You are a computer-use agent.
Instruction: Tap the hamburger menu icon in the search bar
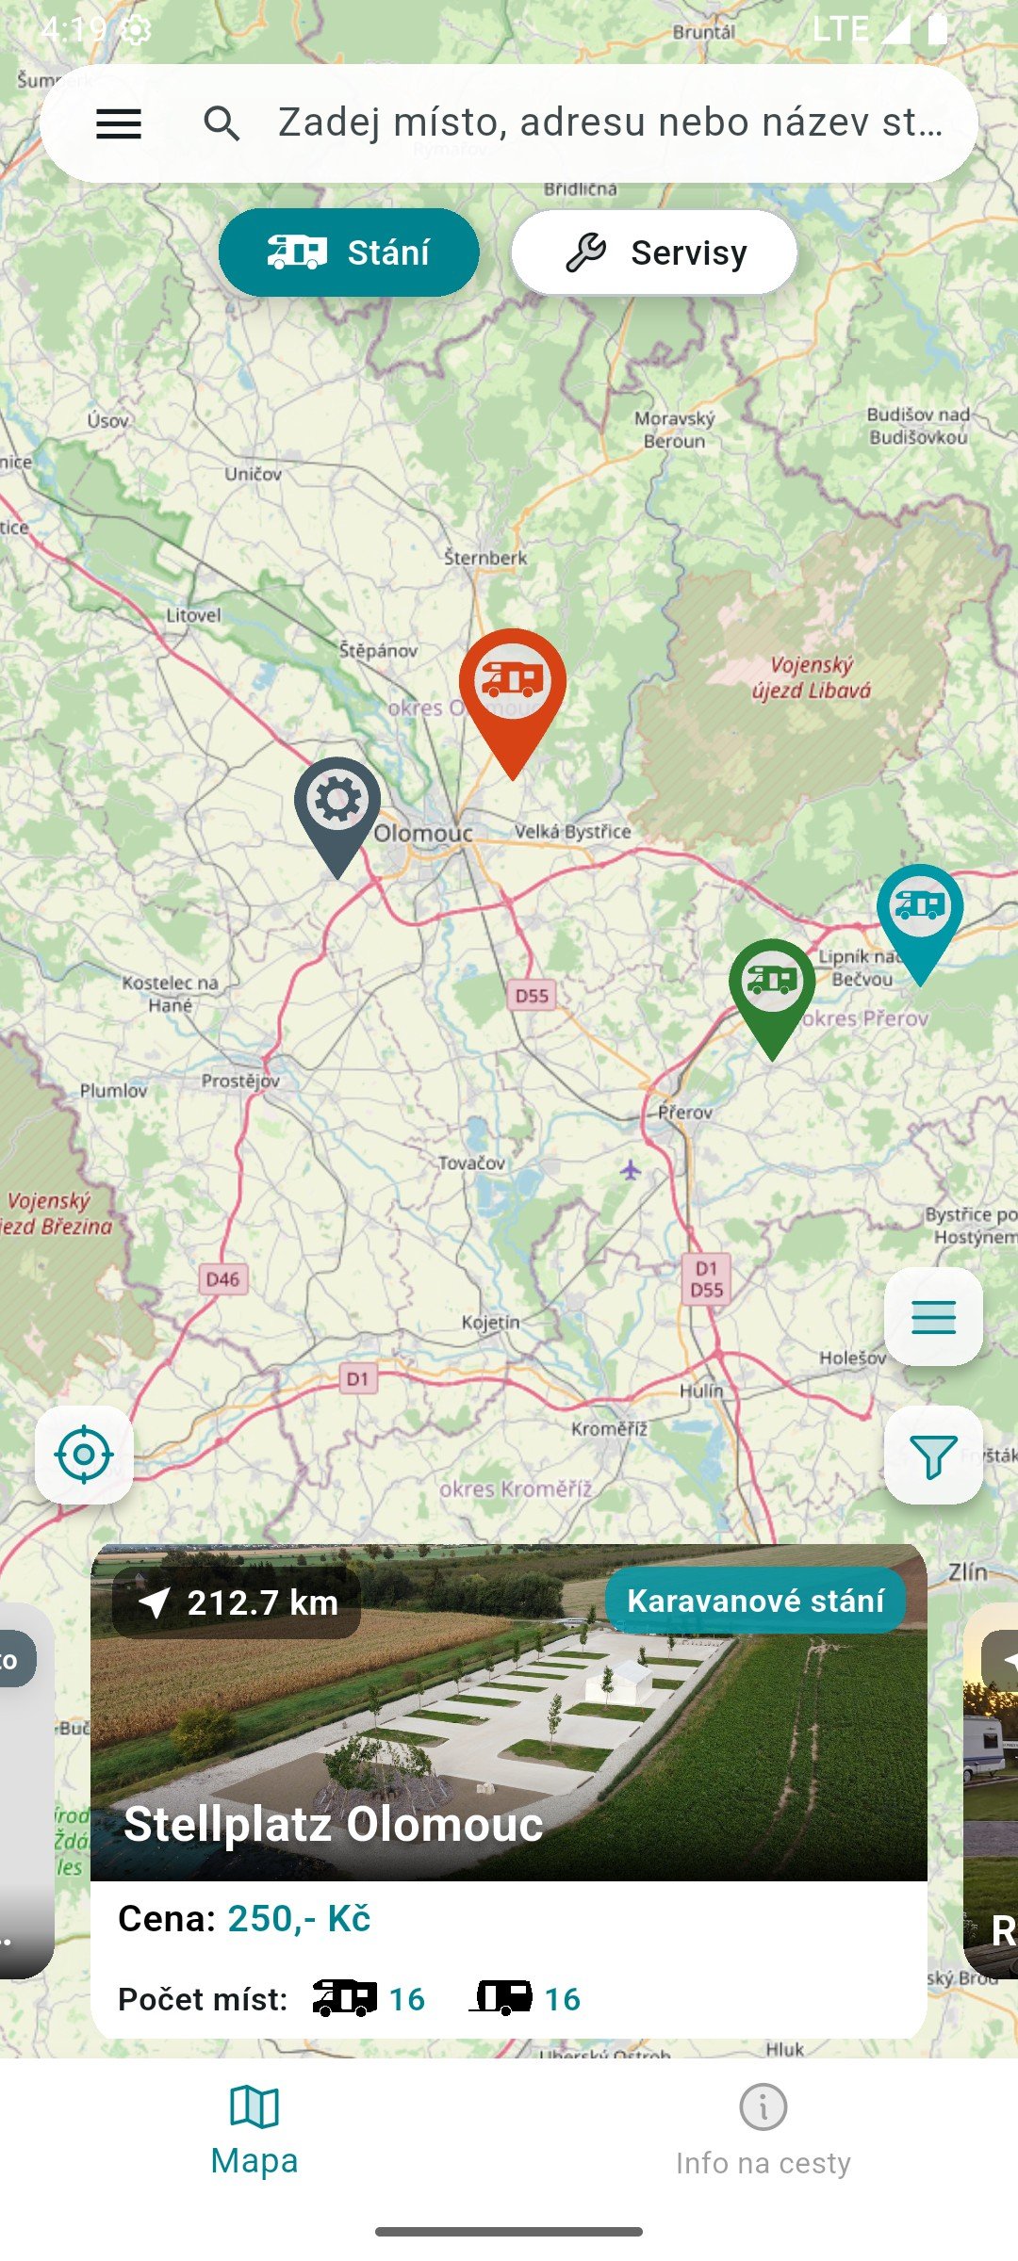tap(119, 123)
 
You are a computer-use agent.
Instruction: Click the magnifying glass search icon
tap(222, 123)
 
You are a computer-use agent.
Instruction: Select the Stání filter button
tap(349, 252)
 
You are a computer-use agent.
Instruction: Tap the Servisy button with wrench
tap(654, 252)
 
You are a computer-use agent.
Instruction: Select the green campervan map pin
tap(772, 985)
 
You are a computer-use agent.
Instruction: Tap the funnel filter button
tap(933, 1456)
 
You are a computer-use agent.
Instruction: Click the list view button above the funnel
tap(933, 1316)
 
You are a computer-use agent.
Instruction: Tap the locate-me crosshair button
tap(84, 1455)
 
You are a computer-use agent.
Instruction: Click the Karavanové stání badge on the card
tap(755, 1601)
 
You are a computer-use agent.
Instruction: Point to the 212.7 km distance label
tap(238, 1602)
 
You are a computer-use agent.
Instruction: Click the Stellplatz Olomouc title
tap(334, 1824)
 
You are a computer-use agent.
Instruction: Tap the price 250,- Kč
tap(299, 1918)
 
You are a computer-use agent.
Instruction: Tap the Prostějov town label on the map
tap(240, 1081)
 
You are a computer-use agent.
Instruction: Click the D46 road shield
tap(222, 1279)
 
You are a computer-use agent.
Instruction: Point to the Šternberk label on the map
tap(485, 558)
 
